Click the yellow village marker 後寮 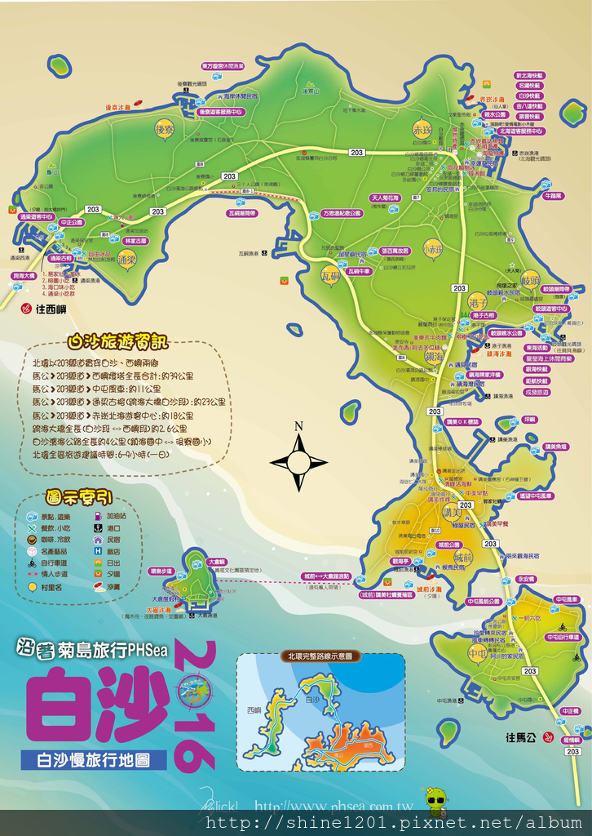(x=165, y=128)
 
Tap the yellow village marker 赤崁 (x=422, y=128)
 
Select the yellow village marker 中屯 (x=477, y=653)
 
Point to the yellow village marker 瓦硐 (x=329, y=278)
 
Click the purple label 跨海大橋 (x=24, y=276)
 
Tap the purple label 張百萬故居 (x=394, y=251)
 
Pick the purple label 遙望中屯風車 (x=535, y=496)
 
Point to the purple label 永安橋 (x=526, y=578)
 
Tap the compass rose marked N (x=298, y=462)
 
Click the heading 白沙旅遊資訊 (x=120, y=341)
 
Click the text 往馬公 (x=521, y=738)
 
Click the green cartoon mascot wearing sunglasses (x=437, y=799)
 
